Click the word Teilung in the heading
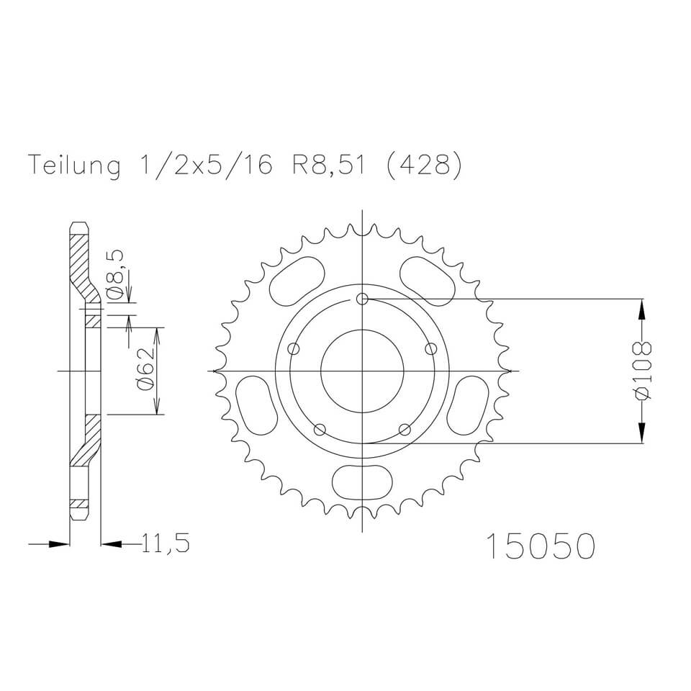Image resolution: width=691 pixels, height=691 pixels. (74, 166)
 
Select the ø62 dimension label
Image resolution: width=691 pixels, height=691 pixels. (143, 371)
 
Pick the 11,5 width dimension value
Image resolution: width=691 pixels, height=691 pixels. (166, 544)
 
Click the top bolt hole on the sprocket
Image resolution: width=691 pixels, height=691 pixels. (363, 299)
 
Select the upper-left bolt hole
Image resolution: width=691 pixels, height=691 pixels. (293, 349)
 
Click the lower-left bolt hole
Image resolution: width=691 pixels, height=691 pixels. (320, 430)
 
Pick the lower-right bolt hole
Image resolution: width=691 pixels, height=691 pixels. (405, 430)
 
